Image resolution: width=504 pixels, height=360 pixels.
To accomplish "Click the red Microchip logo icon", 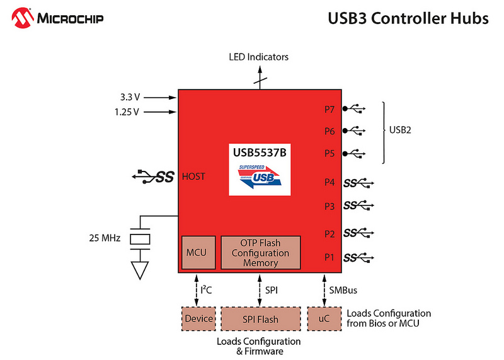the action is coord(23,18).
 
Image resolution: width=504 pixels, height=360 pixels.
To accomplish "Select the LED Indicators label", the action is coord(258,57).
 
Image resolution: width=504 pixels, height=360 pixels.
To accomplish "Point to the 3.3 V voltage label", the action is coord(130,97).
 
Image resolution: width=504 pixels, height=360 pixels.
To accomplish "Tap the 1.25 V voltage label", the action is coord(127,112).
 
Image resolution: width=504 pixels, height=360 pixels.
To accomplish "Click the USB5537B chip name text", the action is coord(260,152).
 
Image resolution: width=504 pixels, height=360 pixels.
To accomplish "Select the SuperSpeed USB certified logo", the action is coord(260,177).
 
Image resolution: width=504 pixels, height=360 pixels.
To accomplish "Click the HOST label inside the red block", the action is coord(193,177).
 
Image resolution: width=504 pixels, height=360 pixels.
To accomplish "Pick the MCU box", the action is coord(198,253).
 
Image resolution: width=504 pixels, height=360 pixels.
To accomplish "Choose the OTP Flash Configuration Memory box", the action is coord(261,253).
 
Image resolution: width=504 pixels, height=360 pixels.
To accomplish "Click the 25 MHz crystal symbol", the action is coord(140,239).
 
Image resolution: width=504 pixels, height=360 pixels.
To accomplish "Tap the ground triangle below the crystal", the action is coord(140,270).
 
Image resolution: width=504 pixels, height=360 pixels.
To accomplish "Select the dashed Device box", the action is coord(198,318).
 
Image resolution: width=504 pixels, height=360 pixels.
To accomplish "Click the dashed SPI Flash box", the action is coord(261,318).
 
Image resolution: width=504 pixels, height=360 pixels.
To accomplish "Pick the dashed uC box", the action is coord(324,318).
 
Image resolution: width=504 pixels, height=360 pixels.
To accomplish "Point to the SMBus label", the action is coord(343,290).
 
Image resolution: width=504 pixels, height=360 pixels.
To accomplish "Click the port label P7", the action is coord(329,110).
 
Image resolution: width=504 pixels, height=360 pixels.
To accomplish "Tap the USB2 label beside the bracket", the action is coord(400,130).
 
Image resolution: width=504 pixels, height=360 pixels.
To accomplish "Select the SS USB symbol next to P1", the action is coord(358,257).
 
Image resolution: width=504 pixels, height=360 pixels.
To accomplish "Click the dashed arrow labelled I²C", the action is coord(197,290).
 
